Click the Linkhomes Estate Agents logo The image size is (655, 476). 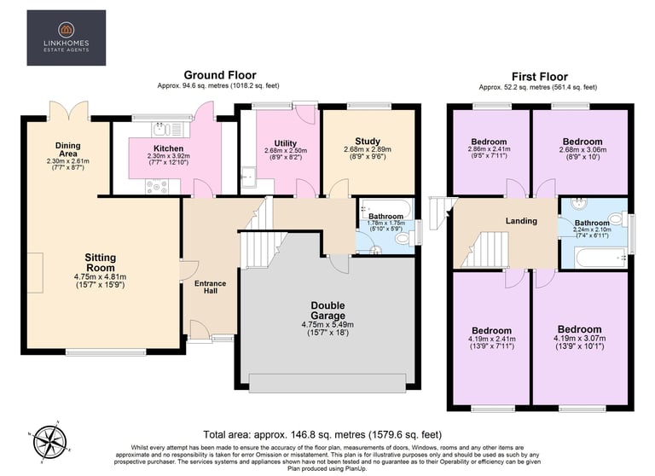(x=66, y=38)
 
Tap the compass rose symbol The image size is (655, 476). (x=49, y=442)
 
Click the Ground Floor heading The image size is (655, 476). (x=220, y=75)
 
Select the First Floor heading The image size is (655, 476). (x=540, y=77)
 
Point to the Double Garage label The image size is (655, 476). (x=327, y=311)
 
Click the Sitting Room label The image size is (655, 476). (x=101, y=263)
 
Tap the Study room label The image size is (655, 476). (x=368, y=142)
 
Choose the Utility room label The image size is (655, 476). (x=286, y=143)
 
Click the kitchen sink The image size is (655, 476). (x=167, y=129)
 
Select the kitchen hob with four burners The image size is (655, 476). (x=157, y=186)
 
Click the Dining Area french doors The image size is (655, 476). (x=68, y=111)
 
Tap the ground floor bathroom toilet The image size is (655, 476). (x=403, y=239)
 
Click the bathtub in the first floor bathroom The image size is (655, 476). (x=600, y=258)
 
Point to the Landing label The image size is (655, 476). (x=521, y=221)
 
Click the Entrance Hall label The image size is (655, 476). (x=210, y=287)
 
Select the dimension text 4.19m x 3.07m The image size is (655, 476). (x=579, y=339)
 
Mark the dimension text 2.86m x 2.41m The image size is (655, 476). (x=489, y=148)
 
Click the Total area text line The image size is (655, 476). (x=322, y=434)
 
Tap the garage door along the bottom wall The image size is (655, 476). (x=327, y=383)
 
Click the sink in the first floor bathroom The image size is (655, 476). (x=579, y=204)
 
